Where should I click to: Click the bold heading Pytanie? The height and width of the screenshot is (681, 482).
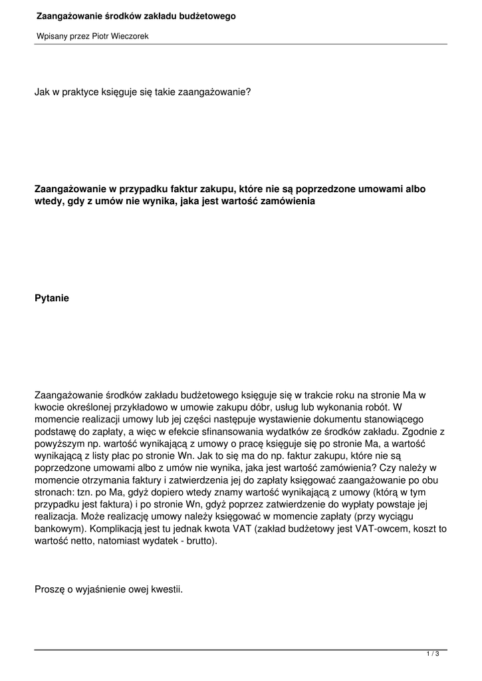(x=51, y=299)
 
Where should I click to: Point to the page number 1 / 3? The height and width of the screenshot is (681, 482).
(x=433, y=654)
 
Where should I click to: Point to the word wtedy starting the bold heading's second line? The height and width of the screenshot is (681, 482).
(x=48, y=201)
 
